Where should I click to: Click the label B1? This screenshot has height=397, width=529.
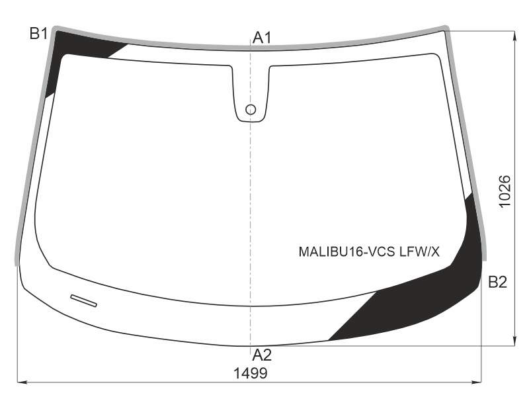[x=38, y=34]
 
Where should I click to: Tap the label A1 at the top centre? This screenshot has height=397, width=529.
[x=262, y=38]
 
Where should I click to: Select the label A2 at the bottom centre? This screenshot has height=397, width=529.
[x=262, y=355]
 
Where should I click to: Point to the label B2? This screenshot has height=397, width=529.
[x=498, y=282]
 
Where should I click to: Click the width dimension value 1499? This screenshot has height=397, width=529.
[x=251, y=373]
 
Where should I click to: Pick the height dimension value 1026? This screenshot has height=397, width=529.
[x=505, y=191]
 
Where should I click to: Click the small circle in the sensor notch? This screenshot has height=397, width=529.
[x=251, y=109]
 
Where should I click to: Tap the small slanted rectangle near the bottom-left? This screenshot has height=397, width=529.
[x=84, y=301]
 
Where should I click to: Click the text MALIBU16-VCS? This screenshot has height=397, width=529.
[x=346, y=251]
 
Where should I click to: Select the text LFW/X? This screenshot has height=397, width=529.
[x=419, y=251]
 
